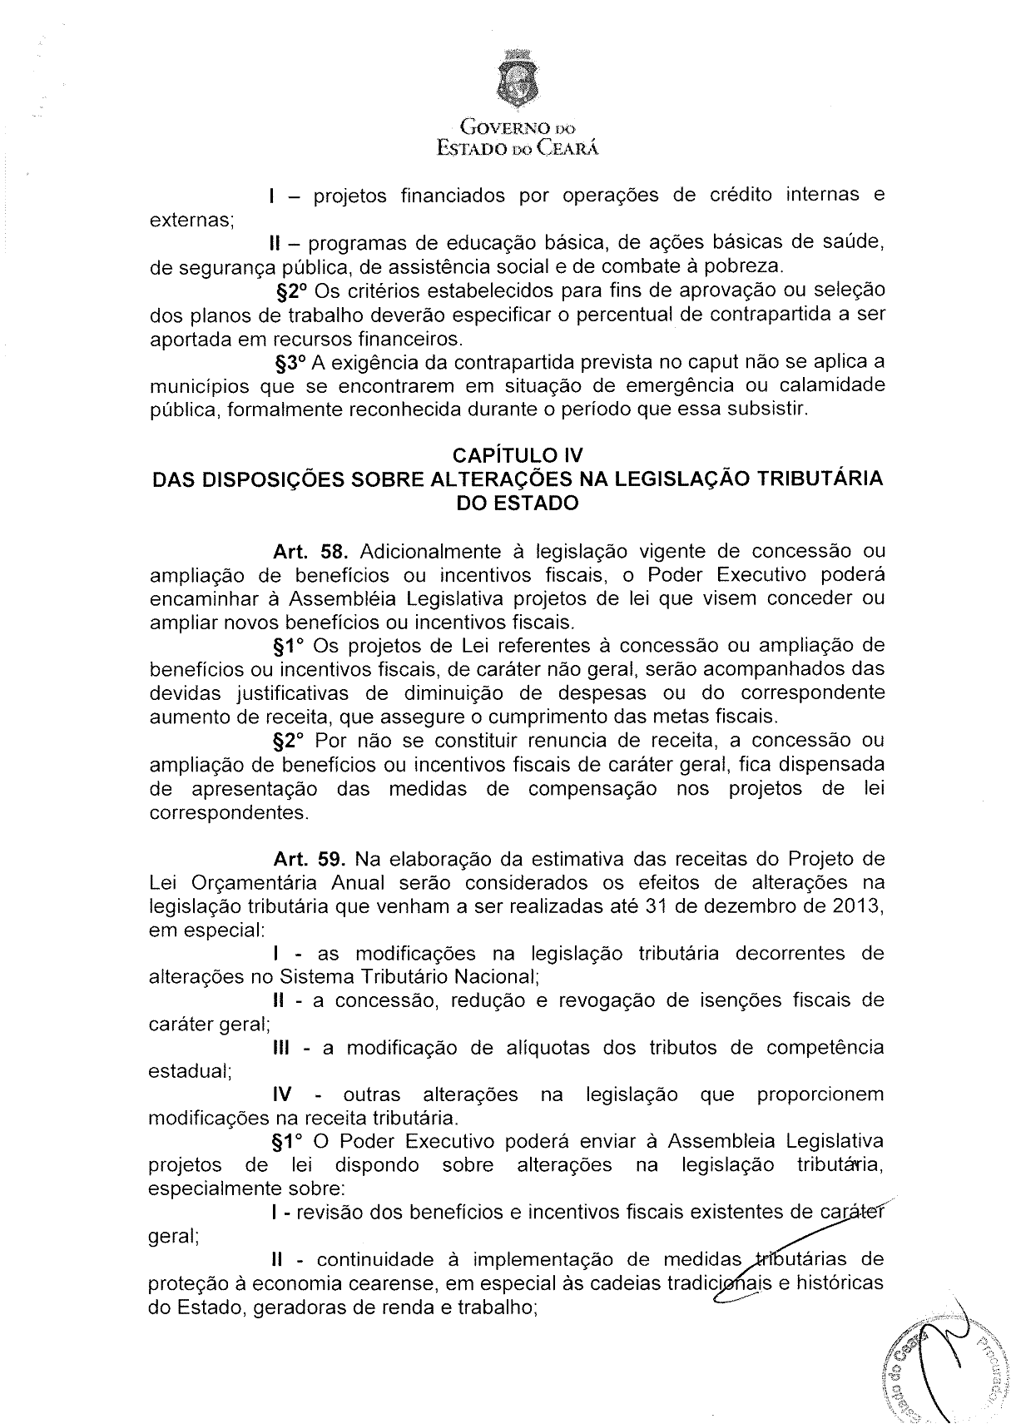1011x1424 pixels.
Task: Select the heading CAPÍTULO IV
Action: click(x=517, y=455)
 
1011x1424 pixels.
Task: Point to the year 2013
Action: click(x=857, y=906)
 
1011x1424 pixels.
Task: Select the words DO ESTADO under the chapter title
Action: click(x=518, y=504)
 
